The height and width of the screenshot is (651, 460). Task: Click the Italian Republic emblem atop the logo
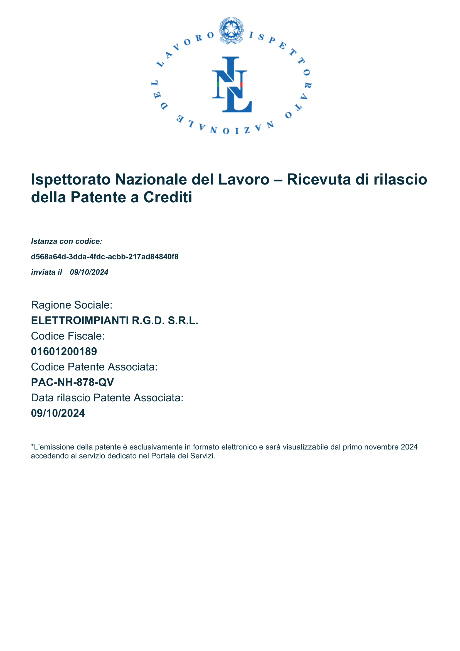232,30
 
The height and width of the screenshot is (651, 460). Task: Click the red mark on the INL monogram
241,84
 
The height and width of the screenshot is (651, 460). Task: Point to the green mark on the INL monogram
218,84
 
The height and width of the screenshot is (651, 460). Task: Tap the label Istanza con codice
67,241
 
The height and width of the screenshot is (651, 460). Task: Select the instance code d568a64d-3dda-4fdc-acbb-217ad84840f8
105,257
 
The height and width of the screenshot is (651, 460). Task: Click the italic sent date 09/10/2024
89,272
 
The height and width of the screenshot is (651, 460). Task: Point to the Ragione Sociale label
72,305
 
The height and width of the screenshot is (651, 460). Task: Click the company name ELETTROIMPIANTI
80,321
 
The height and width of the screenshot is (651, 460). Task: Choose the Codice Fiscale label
68,336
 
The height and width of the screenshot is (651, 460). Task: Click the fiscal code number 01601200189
64,352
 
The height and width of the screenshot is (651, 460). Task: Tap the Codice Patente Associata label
94,367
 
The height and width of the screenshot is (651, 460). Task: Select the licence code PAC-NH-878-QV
73,382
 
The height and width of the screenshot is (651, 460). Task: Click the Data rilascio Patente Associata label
107,398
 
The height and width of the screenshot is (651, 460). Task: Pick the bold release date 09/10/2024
58,413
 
